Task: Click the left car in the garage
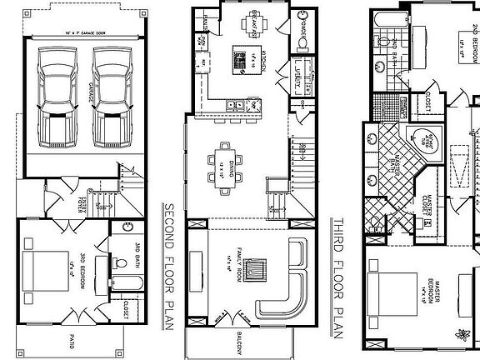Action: pos(57,96)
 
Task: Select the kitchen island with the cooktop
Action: pos(242,58)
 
